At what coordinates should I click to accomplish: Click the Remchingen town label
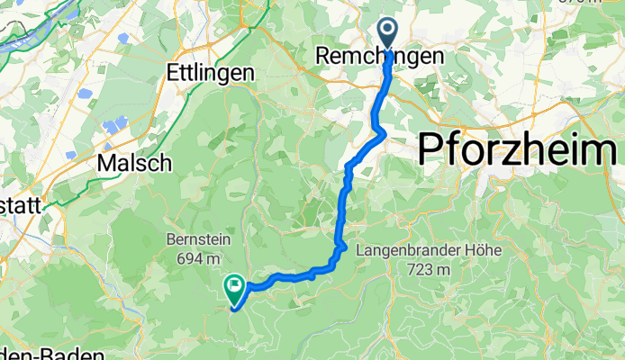pos(379,57)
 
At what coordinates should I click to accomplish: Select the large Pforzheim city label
pos(521,148)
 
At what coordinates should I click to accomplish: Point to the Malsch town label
pos(134,163)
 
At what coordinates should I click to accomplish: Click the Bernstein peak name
pos(198,240)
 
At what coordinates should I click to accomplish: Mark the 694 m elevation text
pos(199,258)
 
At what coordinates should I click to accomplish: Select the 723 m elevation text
pos(427,268)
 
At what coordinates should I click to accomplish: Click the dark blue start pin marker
pos(388,34)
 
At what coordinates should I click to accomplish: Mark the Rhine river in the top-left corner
pos(27,31)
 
